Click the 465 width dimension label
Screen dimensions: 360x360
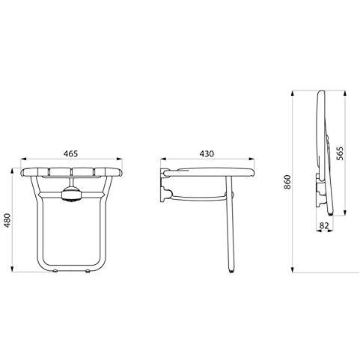[70, 153]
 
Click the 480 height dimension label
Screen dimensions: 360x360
[8, 221]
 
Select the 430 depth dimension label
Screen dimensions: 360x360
[207, 153]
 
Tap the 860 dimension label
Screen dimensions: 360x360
[287, 182]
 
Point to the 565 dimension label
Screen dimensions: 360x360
[340, 153]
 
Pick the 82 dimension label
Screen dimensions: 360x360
[324, 225]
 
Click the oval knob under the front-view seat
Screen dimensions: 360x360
[71, 195]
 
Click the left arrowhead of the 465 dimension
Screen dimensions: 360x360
[23, 159]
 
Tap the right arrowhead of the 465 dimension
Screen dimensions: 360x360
[119, 159]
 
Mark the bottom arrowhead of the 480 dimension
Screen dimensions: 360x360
[12, 269]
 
